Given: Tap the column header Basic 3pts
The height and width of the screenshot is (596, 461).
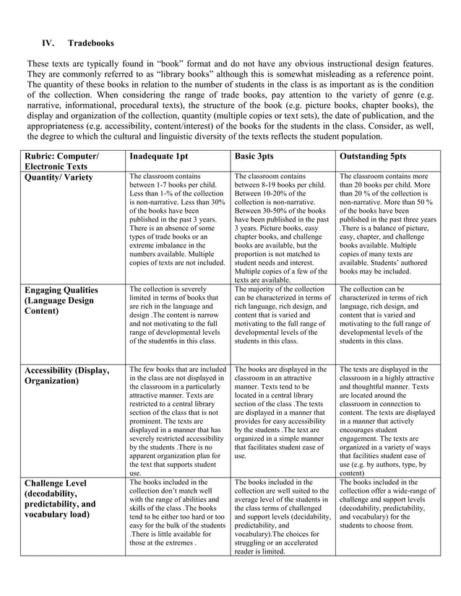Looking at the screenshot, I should pos(259,156).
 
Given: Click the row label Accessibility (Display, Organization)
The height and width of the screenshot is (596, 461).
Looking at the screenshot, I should pos(67,376).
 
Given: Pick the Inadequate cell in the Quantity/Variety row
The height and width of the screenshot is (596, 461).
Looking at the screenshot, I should pos(177,219).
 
